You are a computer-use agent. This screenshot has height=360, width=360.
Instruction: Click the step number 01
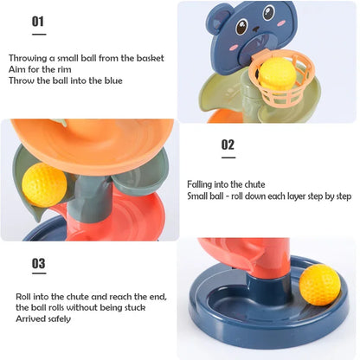(38, 21)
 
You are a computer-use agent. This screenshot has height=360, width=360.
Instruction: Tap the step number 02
(228, 145)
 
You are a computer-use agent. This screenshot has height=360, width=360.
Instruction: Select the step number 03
(38, 263)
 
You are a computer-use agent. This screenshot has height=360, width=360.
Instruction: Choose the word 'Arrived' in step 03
(29, 318)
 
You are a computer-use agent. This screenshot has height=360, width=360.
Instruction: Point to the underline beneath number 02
(228, 157)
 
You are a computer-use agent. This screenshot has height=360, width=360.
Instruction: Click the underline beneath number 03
(38, 277)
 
